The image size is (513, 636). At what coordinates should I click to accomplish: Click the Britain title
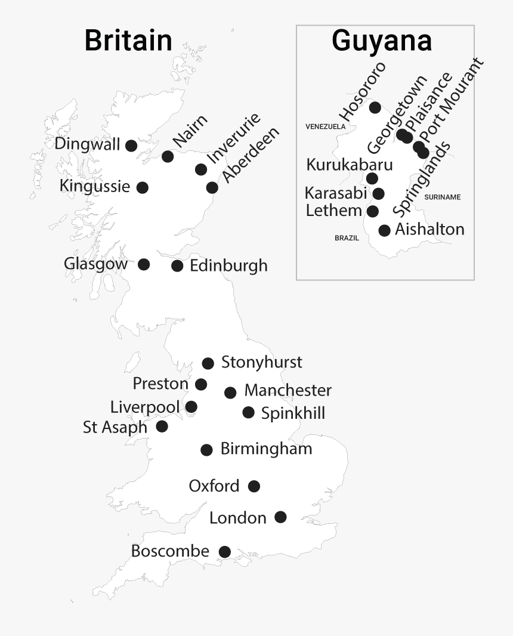128,41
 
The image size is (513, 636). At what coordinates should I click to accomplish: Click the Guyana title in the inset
382,41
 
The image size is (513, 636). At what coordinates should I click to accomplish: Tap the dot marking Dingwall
131,145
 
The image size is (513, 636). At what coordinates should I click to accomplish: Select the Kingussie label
95,186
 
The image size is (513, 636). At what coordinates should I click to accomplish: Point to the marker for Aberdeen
212,187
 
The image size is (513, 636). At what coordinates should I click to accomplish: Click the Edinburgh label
228,265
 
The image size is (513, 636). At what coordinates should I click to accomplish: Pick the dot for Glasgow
144,264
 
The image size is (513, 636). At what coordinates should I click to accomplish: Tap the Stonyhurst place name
261,362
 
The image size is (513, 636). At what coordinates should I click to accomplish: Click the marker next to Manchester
230,392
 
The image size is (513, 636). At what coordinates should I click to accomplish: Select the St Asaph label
115,427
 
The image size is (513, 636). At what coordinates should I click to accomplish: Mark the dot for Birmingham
206,450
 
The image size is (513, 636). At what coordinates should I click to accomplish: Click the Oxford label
214,486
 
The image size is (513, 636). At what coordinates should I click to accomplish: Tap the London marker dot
280,517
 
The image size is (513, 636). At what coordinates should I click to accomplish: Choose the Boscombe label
170,551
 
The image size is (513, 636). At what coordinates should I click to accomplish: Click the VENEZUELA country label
325,126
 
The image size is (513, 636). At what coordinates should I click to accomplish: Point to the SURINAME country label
442,197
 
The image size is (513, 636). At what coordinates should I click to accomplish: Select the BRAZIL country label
347,237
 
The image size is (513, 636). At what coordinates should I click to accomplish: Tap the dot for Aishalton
385,230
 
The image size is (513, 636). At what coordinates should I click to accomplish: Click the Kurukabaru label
350,165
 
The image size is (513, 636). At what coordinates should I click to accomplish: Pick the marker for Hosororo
375,107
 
